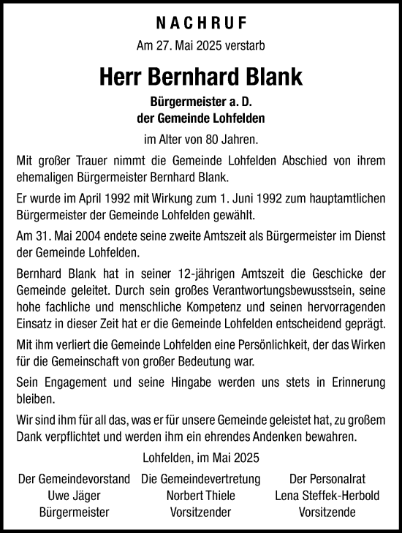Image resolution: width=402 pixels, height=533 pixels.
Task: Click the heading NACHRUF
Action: (x=200, y=22)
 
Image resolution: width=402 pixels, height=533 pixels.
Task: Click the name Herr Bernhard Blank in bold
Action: (x=201, y=76)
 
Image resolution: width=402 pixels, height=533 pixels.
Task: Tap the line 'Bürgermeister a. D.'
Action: (x=201, y=102)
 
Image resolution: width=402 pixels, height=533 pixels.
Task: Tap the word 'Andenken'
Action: (x=287, y=438)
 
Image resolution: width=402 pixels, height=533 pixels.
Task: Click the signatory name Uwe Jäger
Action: (x=74, y=495)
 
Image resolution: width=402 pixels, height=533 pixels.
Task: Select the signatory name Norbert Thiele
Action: (x=200, y=495)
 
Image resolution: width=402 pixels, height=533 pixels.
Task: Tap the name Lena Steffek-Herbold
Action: (x=327, y=495)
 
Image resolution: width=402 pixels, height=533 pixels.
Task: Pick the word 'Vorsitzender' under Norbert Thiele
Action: (x=200, y=512)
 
